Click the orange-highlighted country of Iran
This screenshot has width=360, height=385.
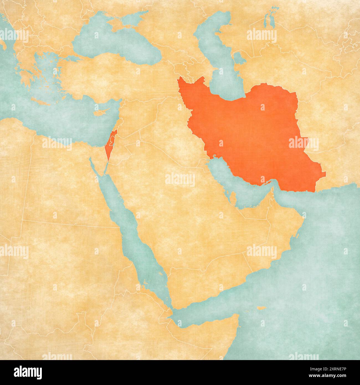[x=249, y=133]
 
